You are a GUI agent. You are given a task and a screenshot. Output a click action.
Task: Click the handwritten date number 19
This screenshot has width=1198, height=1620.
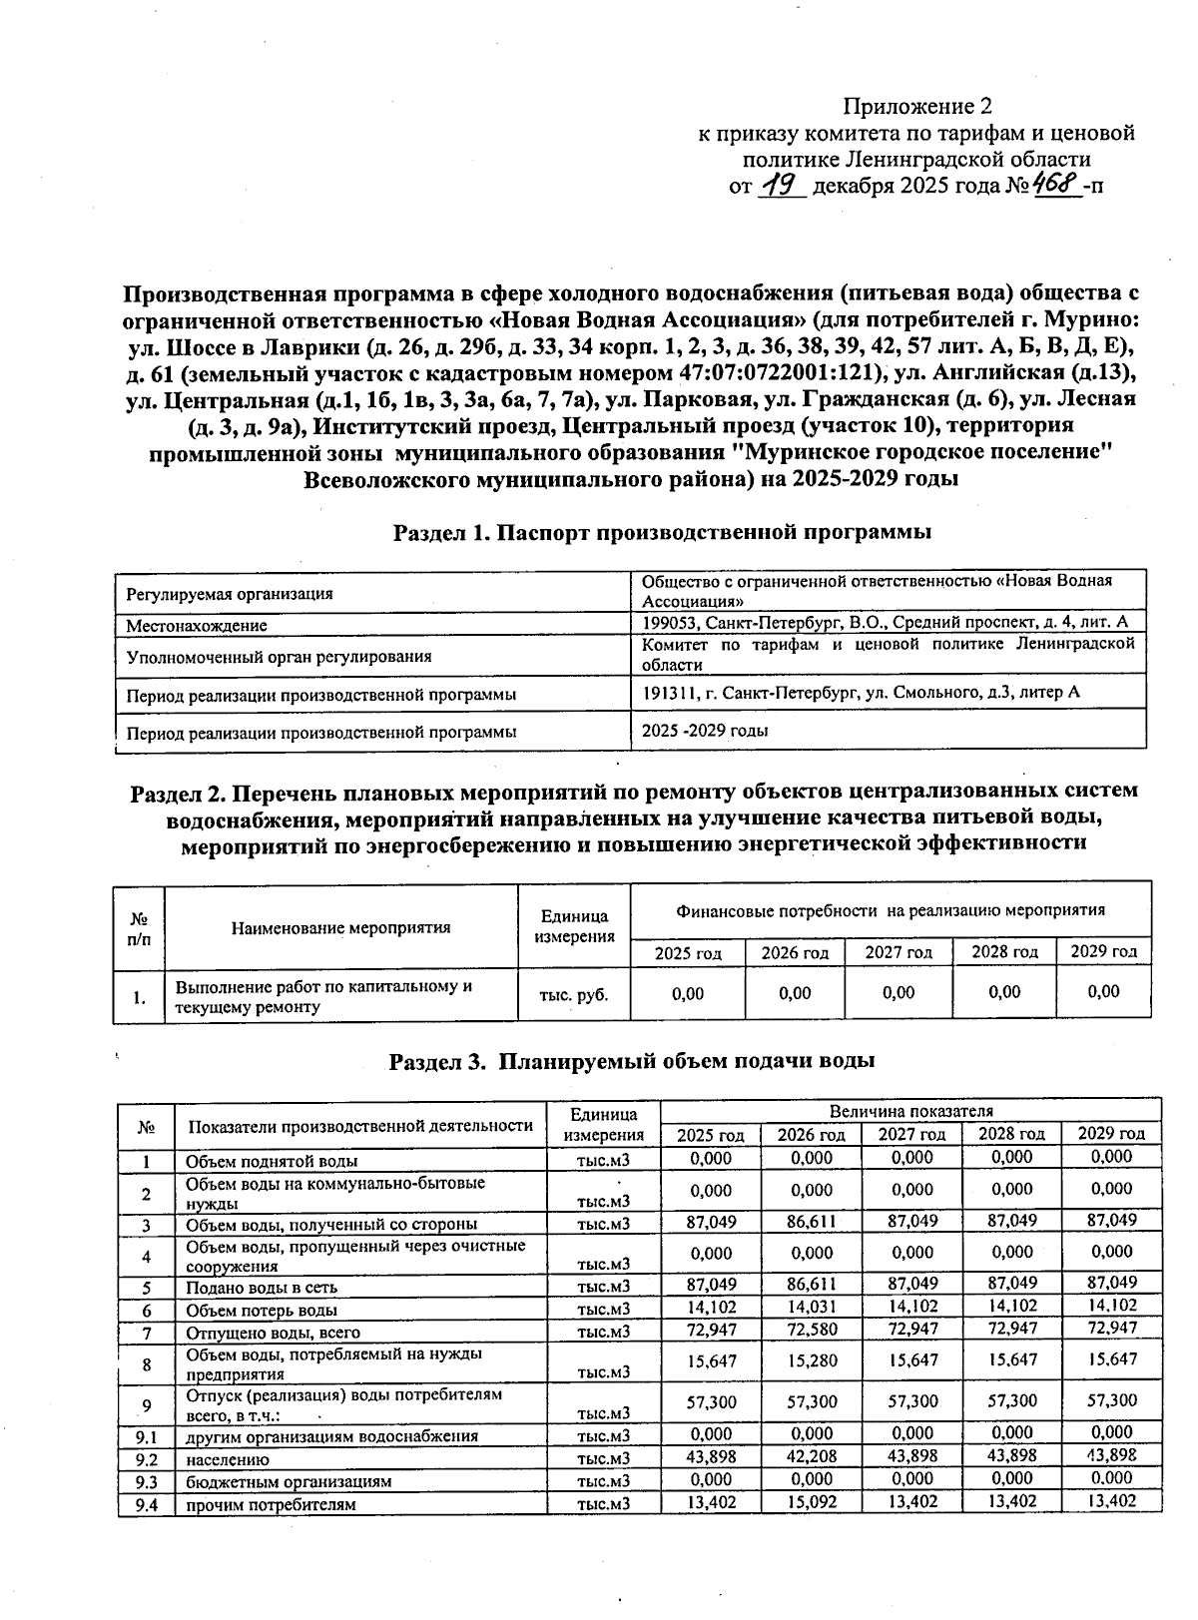tap(781, 186)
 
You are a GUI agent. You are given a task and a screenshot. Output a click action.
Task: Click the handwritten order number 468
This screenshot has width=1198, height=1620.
tap(1055, 185)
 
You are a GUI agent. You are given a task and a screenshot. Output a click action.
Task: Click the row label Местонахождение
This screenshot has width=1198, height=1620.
tap(197, 626)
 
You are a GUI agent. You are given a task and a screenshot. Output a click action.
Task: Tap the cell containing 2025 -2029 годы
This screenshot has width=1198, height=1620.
tap(705, 731)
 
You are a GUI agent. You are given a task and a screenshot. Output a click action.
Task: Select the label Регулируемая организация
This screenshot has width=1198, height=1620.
tap(230, 594)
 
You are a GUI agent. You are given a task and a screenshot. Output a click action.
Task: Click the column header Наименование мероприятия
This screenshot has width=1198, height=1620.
tap(340, 927)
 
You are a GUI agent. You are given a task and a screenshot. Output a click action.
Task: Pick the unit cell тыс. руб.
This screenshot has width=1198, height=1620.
tap(573, 994)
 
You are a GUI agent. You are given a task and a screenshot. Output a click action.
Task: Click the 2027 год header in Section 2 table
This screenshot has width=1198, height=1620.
tap(898, 952)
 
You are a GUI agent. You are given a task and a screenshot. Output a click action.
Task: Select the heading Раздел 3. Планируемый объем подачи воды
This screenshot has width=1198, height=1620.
tap(632, 1061)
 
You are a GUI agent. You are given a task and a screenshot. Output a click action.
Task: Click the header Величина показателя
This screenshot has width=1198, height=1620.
tap(910, 1111)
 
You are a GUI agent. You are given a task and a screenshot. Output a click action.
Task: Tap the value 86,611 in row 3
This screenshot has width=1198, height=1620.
tap(811, 1222)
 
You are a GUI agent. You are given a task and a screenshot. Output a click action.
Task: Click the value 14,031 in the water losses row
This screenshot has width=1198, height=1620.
tap(811, 1307)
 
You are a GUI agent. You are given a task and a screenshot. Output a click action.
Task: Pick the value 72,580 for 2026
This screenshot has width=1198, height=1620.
tap(811, 1330)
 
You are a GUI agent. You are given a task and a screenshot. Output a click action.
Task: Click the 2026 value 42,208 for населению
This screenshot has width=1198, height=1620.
tap(811, 1456)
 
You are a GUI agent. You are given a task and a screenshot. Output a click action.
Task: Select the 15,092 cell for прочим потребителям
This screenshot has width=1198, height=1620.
tap(811, 1502)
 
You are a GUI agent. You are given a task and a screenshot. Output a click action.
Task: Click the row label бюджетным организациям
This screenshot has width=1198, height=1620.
tap(289, 1481)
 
